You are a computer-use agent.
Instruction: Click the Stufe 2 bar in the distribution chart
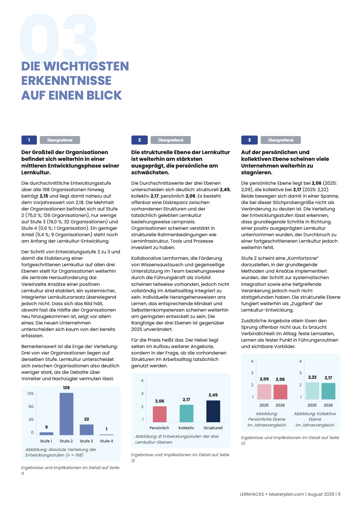(x=66, y=414)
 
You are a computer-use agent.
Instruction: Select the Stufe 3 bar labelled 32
(x=86, y=430)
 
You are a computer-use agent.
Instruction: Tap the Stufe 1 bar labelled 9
(x=46, y=434)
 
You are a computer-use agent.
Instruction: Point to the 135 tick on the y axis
(x=30, y=393)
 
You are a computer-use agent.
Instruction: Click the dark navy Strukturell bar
(x=213, y=411)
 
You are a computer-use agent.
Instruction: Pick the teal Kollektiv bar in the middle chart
(x=186, y=413)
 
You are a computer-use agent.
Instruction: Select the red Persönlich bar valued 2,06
(x=159, y=414)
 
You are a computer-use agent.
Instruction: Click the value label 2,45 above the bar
(x=213, y=395)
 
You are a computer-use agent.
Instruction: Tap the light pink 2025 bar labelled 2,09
(x=264, y=392)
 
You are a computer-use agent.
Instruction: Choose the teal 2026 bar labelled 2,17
(x=328, y=391)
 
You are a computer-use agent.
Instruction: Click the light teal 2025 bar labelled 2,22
(x=312, y=391)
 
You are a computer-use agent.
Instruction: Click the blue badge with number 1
(x=29, y=140)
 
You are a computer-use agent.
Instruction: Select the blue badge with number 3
(x=250, y=140)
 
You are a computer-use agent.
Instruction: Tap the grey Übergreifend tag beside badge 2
(x=170, y=140)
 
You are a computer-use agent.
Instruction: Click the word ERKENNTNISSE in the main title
(x=66, y=81)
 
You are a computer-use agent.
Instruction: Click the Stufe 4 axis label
(x=106, y=441)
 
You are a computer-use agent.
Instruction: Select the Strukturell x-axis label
(x=213, y=428)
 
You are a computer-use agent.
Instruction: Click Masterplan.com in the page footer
(x=286, y=494)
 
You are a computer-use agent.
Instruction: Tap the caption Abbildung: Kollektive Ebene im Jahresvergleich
(x=315, y=419)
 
